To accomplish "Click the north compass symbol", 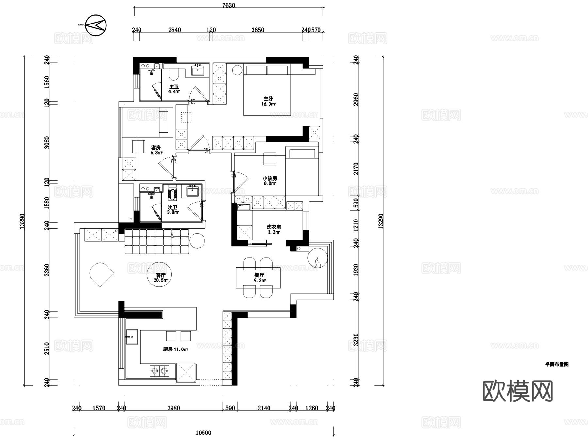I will [96, 25].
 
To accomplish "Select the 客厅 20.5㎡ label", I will [161, 278].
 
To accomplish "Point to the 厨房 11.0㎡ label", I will [176, 350].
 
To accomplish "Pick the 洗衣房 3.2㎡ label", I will [274, 229].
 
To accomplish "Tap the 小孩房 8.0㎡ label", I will [270, 181].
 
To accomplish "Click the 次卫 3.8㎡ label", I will [172, 210].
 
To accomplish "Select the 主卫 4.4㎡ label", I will [174, 89].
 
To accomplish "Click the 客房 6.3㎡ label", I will [156, 150].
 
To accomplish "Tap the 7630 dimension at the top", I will [228, 5].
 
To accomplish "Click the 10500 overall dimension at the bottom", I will [203, 433].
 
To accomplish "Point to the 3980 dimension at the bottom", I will [173, 408].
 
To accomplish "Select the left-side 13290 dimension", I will [22, 221].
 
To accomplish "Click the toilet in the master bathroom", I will [174, 74].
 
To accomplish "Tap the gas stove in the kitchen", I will [159, 371].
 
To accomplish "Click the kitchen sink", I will [132, 337].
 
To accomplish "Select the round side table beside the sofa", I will [197, 241].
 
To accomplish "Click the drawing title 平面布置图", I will [557, 364].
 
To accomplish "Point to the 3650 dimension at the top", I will [258, 30].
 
